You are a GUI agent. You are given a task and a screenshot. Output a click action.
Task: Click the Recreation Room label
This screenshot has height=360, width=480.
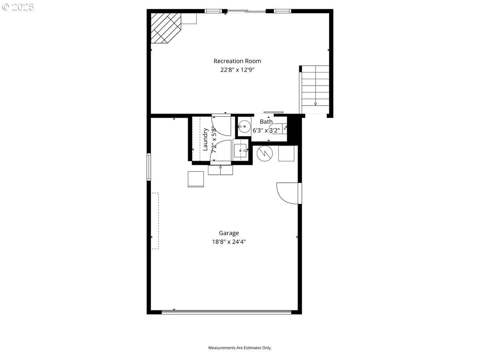click(x=237, y=61)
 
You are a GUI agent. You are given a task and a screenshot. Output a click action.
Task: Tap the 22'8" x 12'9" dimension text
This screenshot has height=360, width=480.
click(x=237, y=70)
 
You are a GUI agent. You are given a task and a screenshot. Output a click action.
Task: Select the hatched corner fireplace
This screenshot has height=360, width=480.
click(x=166, y=28)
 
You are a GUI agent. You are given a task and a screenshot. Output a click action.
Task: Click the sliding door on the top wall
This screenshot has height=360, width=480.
click(x=246, y=11)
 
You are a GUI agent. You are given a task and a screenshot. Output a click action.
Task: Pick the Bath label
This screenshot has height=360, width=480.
click(x=266, y=122)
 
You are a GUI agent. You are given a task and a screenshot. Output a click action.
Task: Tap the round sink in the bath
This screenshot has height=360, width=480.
click(x=244, y=126)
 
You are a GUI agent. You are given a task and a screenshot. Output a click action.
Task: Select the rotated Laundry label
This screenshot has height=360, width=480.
click(x=205, y=140)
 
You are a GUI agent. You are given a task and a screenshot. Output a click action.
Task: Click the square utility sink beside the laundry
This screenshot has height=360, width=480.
click(x=240, y=150)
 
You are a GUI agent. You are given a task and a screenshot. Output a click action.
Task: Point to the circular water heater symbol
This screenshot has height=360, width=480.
click(x=265, y=154)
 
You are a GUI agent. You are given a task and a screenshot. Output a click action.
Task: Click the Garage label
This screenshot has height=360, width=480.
click(x=229, y=233)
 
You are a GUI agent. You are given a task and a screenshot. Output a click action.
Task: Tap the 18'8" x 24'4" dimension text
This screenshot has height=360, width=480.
click(x=229, y=242)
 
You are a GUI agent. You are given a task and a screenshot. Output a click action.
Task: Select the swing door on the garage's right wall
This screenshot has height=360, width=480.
click(x=289, y=193)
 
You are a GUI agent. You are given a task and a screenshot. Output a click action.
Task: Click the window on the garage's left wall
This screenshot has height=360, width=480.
click(x=149, y=167)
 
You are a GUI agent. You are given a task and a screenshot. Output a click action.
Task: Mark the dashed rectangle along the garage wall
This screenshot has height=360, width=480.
click(x=155, y=221)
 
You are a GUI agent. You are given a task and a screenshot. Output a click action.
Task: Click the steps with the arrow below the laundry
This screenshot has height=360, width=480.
click(x=220, y=170)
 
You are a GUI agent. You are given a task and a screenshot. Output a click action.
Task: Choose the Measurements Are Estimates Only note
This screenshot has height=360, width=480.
click(x=240, y=348)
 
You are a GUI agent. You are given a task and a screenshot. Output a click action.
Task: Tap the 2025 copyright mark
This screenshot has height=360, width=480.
click(x=18, y=7)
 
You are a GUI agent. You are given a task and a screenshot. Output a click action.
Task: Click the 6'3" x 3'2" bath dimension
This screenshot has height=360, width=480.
click(x=266, y=130)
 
